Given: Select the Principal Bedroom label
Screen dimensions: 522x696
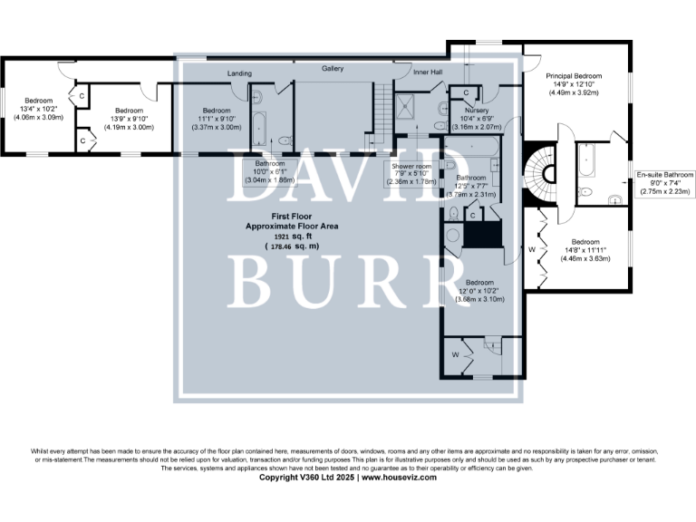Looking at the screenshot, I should pyautogui.click(x=574, y=76).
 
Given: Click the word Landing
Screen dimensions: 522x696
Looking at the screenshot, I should pyautogui.click(x=239, y=73).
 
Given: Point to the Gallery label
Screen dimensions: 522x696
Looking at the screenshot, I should pyautogui.click(x=333, y=69).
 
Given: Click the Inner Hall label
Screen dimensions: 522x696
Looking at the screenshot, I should pyautogui.click(x=428, y=72).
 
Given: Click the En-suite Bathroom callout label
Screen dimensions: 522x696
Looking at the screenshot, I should pyautogui.click(x=664, y=175).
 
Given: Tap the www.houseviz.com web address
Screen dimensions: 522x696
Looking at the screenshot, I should pyautogui.click(x=399, y=477).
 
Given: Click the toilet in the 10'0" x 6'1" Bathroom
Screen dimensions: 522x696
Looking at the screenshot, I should pyautogui.click(x=285, y=140).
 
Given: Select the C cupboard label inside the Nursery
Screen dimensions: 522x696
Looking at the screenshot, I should pyautogui.click(x=465, y=92).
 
